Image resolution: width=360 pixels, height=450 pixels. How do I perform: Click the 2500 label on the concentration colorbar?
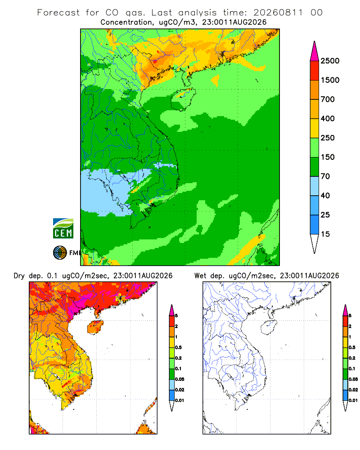click(x=330, y=61)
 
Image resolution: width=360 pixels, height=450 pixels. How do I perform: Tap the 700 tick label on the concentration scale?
click(x=328, y=99)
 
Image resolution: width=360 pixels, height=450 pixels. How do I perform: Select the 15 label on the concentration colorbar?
click(x=325, y=234)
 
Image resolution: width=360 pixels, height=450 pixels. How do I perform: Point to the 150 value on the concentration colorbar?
click(x=328, y=157)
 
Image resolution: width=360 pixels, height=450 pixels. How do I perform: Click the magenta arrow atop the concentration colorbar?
click(x=315, y=52)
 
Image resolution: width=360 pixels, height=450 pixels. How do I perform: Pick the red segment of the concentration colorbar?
click(x=315, y=71)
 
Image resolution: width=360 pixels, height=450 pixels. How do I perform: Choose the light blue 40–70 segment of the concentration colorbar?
click(x=315, y=186)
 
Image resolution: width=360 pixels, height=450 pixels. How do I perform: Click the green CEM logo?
click(x=63, y=229)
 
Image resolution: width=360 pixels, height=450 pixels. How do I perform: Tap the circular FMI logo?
click(x=60, y=253)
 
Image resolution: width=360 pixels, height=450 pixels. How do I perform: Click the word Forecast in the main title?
click(x=58, y=13)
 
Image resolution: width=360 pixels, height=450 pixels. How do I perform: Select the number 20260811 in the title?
click(x=278, y=13)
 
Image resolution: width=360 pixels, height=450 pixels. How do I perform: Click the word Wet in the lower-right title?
click(x=200, y=276)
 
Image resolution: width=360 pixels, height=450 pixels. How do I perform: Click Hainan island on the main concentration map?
click(x=183, y=99)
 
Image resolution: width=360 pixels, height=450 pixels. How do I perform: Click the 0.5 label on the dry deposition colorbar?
click(x=178, y=347)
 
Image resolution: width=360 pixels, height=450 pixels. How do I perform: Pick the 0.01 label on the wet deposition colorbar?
click(x=353, y=400)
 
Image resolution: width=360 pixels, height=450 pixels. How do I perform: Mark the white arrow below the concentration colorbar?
click(x=315, y=243)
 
